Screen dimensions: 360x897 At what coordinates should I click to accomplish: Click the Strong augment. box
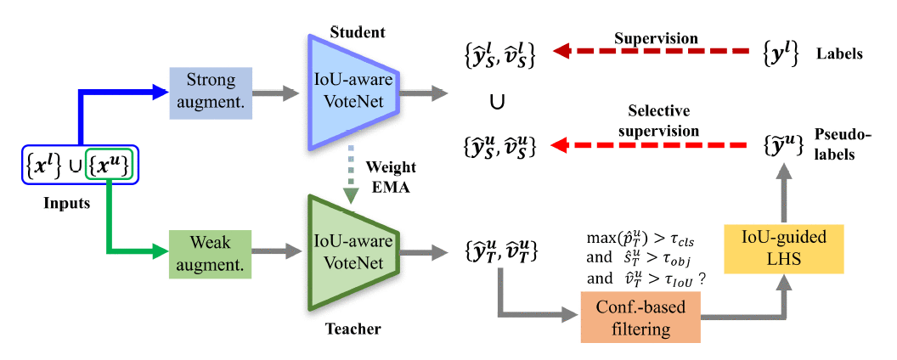[x=212, y=88]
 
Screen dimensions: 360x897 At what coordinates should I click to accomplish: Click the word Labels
[x=839, y=53]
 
